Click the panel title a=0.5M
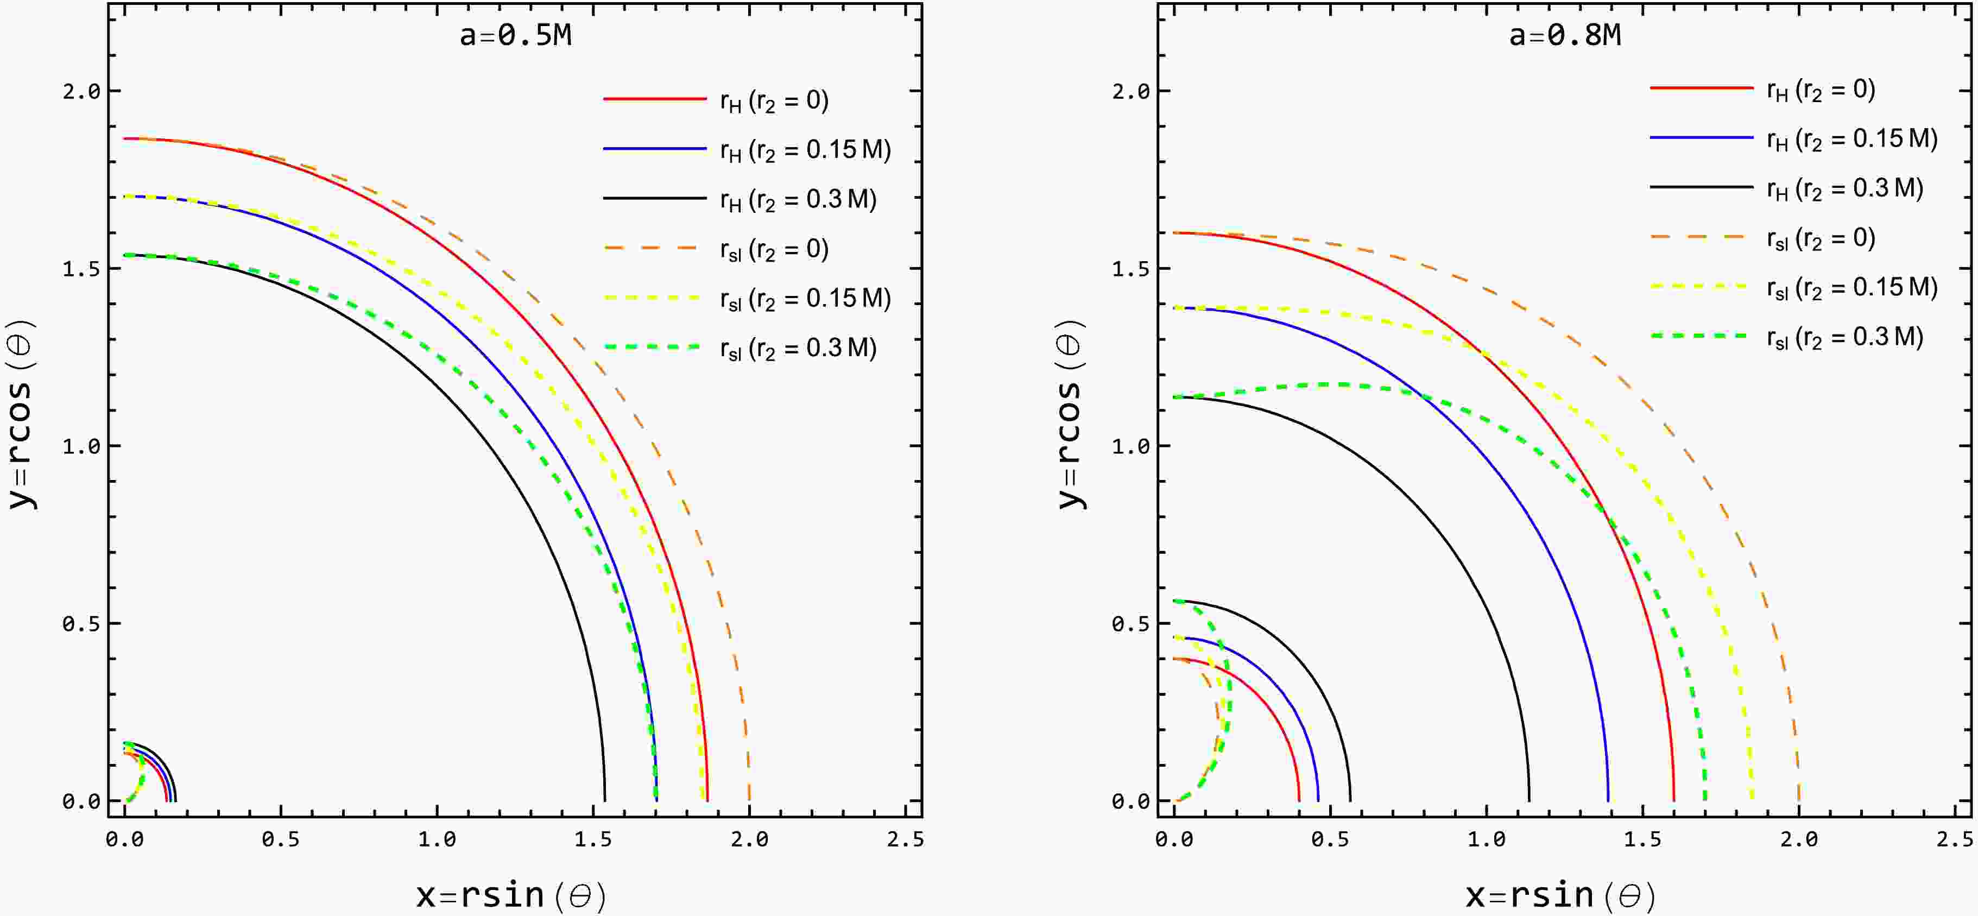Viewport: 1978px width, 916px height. click(x=515, y=35)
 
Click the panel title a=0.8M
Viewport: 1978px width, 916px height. click(x=1565, y=35)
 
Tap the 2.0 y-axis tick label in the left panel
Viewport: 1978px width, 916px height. click(x=81, y=91)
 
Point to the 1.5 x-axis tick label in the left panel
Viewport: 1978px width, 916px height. click(x=593, y=839)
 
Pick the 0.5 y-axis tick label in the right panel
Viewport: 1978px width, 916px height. click(x=1131, y=623)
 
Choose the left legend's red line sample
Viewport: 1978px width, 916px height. click(x=654, y=99)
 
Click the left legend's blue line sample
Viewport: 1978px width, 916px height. click(x=654, y=148)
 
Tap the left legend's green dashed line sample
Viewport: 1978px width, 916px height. click(x=654, y=347)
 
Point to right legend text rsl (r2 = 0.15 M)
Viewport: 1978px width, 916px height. click(x=1851, y=288)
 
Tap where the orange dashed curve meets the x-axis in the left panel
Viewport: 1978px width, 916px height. click(x=749, y=800)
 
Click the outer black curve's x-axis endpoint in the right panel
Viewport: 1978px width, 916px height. click(x=1529, y=800)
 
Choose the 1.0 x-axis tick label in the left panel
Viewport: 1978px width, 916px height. click(x=437, y=839)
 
